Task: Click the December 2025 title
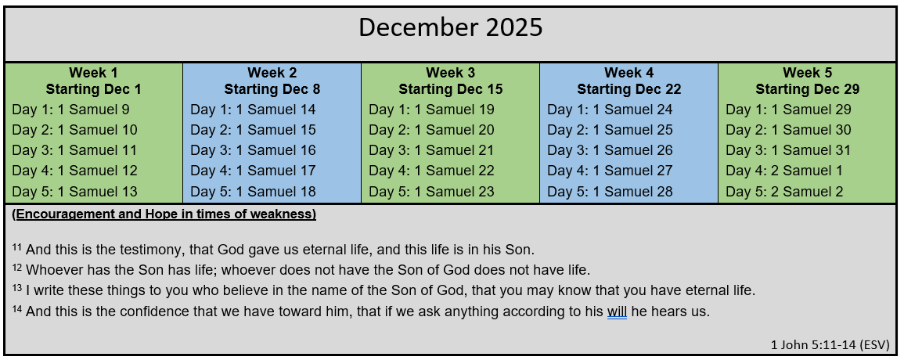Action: click(x=450, y=27)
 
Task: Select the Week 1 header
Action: click(x=93, y=73)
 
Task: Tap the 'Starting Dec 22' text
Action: click(x=629, y=89)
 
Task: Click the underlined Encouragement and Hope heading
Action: click(x=164, y=214)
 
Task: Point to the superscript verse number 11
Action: click(x=16, y=248)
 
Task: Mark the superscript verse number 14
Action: click(x=16, y=308)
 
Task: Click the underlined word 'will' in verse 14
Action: click(x=617, y=312)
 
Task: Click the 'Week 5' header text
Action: click(x=807, y=73)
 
